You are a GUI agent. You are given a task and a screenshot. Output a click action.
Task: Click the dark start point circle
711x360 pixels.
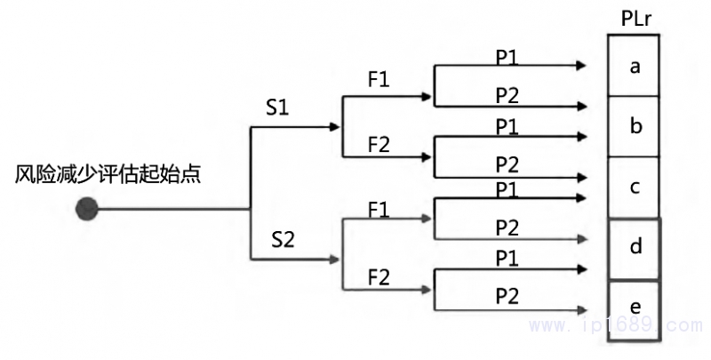(86, 209)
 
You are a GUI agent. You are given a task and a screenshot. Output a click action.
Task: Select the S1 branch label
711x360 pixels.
(277, 108)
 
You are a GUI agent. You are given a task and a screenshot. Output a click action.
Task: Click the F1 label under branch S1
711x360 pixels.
(379, 79)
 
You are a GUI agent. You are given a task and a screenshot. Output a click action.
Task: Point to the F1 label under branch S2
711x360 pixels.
(379, 211)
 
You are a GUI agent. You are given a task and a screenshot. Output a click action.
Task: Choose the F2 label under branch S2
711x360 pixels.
(379, 276)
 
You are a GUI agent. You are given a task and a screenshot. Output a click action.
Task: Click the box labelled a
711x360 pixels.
(635, 66)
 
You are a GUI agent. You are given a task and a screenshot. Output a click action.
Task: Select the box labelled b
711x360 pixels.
(635, 126)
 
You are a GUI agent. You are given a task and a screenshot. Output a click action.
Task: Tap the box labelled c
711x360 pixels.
(635, 188)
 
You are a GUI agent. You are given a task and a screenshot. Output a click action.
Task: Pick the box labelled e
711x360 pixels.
(635, 308)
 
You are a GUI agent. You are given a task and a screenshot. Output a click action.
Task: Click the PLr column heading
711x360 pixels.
(634, 19)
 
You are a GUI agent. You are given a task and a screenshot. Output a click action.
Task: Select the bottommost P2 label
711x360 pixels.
(507, 293)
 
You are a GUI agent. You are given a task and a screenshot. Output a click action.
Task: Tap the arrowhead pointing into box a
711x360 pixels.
(581, 66)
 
